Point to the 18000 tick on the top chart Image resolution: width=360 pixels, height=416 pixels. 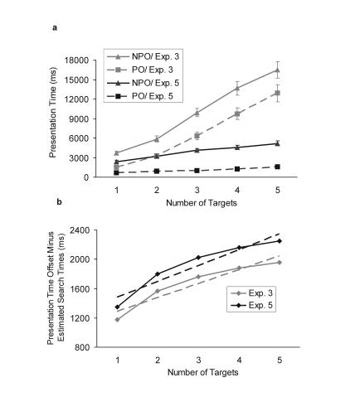point(90,60)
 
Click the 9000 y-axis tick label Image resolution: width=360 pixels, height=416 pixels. point(92,119)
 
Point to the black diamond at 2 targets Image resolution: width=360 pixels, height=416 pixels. point(156,273)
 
